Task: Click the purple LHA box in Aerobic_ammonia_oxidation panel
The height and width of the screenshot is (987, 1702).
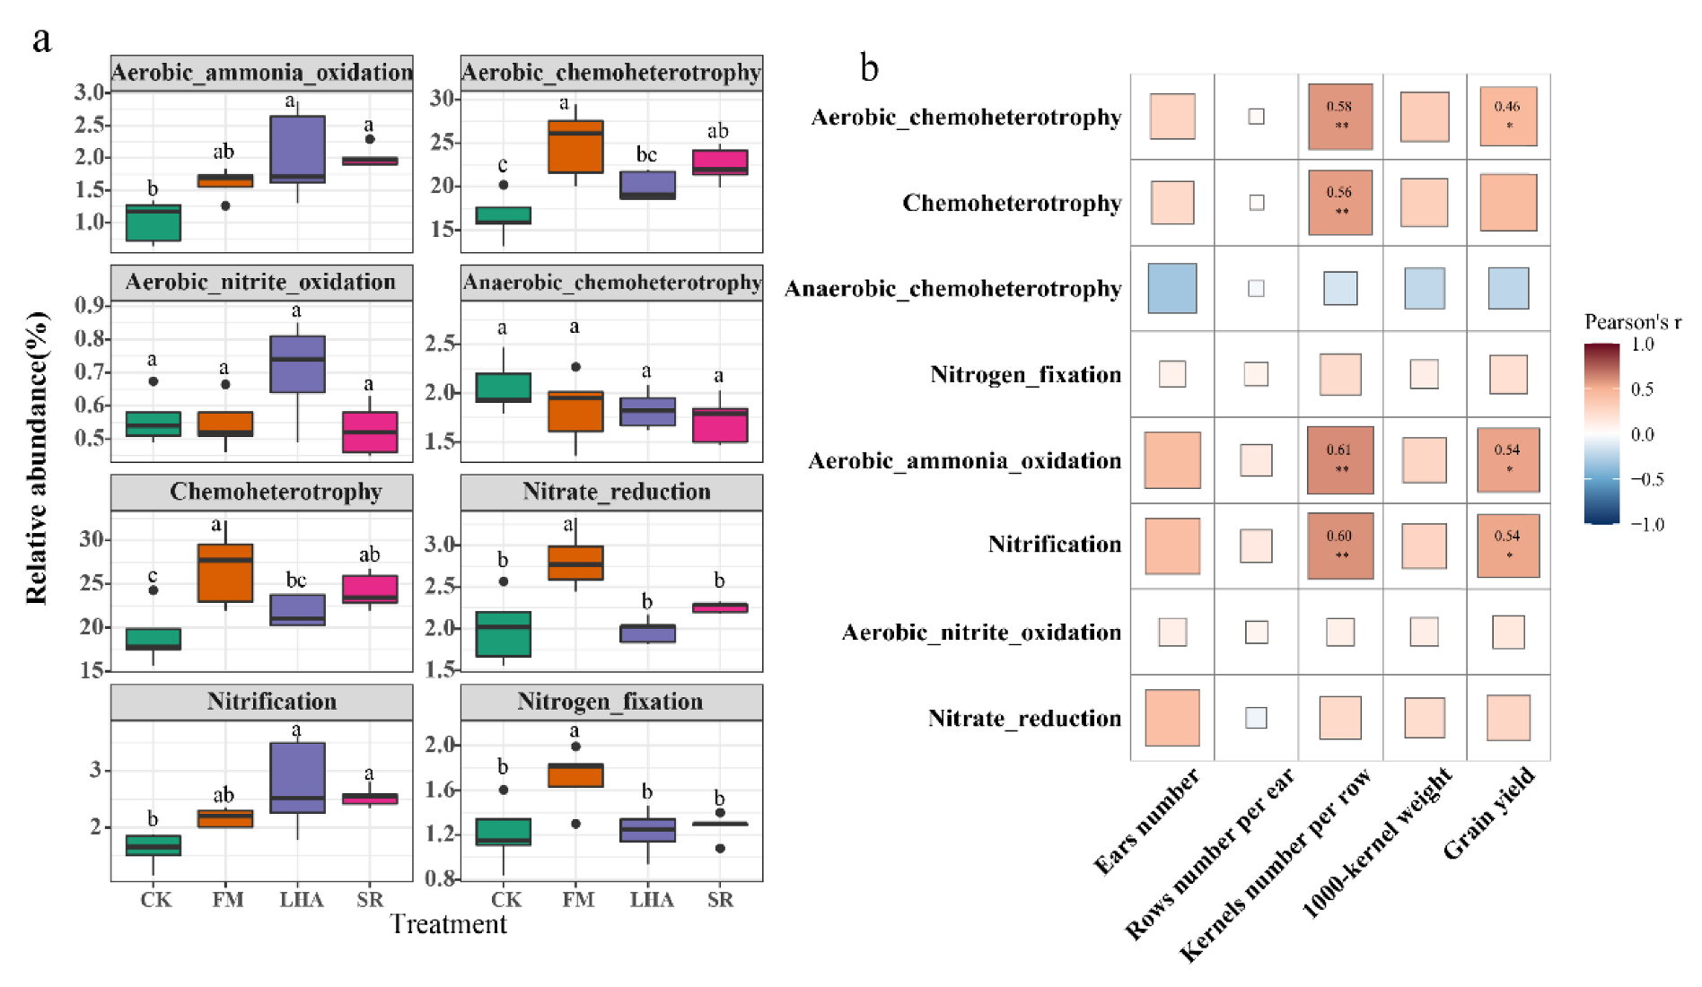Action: coord(297,149)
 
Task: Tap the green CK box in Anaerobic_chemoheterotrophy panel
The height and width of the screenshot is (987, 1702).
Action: coord(503,387)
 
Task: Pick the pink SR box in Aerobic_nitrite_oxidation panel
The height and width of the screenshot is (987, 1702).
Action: coord(370,432)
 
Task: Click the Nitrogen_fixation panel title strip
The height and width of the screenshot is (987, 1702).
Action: coord(610,702)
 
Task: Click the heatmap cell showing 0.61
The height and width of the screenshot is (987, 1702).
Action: coord(1340,459)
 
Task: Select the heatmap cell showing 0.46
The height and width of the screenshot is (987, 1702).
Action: coord(1508,116)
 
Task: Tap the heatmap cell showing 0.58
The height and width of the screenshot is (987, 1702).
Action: coord(1340,116)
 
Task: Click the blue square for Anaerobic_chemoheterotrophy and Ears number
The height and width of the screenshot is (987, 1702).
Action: coord(1171,288)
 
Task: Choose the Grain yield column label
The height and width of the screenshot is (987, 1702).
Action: coord(1490,813)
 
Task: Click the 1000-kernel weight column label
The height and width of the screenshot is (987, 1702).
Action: coord(1377,843)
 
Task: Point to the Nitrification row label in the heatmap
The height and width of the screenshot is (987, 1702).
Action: coord(1054,545)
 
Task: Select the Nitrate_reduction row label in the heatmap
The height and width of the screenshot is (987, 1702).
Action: coord(1024,718)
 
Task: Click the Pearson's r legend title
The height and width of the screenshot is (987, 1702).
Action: coord(1632,322)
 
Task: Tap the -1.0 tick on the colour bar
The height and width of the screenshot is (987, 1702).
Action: coord(1646,524)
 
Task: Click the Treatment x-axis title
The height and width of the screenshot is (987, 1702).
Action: coord(448,924)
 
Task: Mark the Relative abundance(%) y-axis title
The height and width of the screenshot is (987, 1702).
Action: coord(36,458)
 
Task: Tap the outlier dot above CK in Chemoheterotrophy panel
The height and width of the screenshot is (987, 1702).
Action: coord(153,590)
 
